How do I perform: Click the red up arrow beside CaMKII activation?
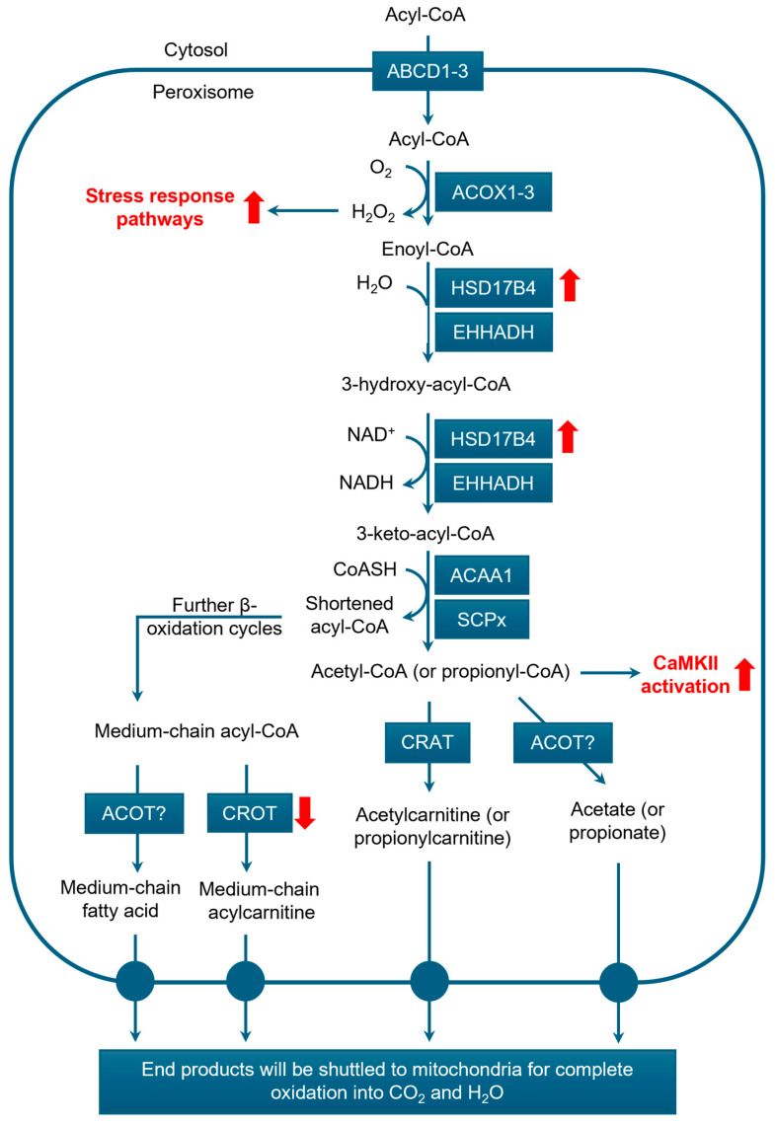pos(745,674)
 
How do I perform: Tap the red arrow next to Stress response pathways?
pos(254,207)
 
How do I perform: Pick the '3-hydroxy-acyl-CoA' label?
pos(434,384)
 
